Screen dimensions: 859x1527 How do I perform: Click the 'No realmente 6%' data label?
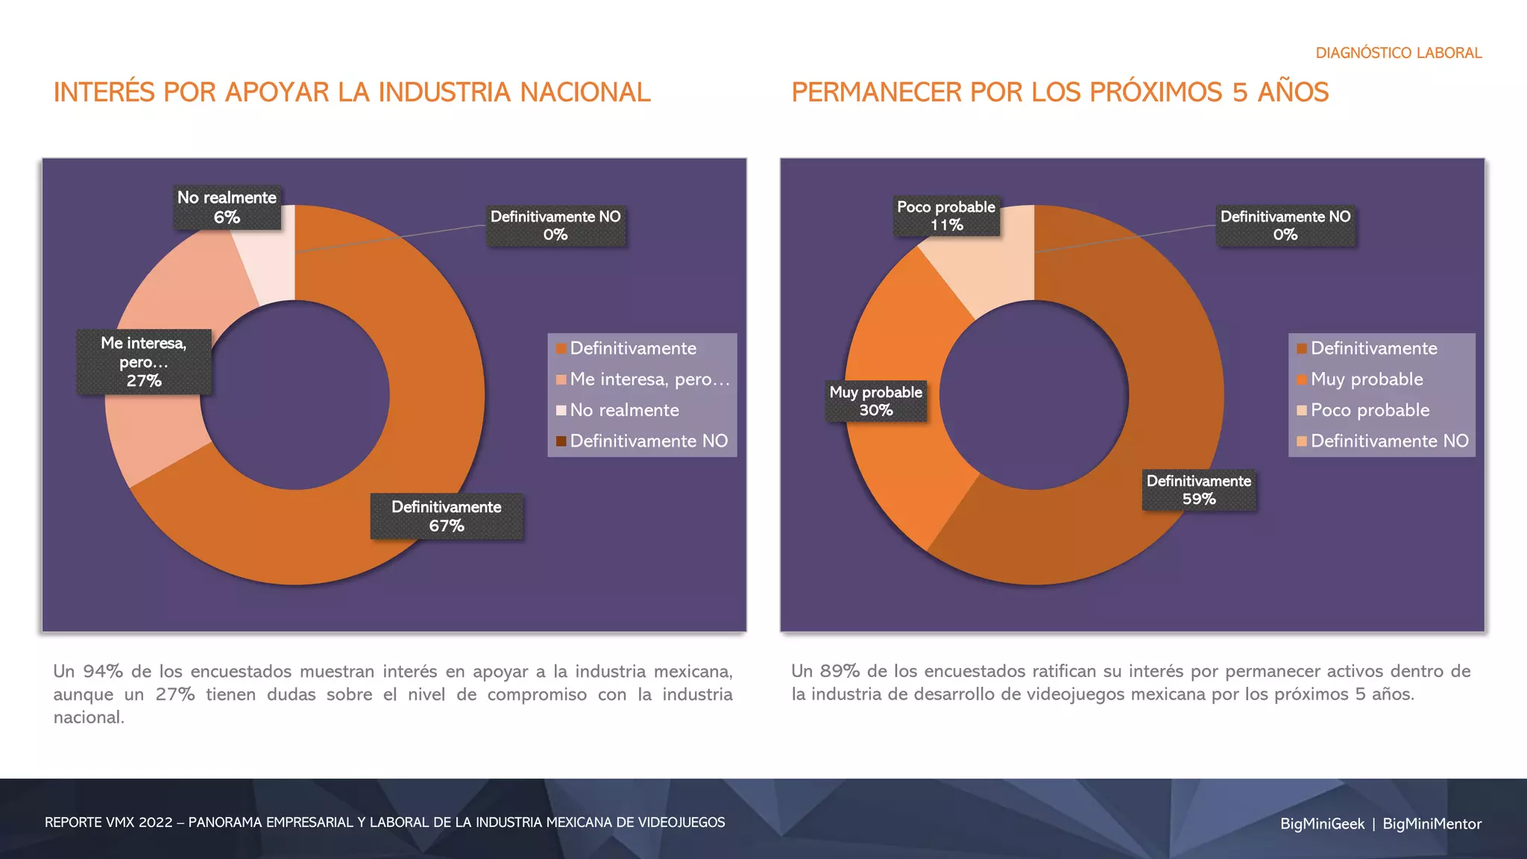coord(227,207)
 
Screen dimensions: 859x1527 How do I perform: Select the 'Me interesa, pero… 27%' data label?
coord(144,362)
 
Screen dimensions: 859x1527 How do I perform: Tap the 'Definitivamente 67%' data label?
coord(447,516)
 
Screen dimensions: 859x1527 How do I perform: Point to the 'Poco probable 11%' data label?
coord(946,215)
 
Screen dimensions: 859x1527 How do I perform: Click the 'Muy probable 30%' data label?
coord(876,401)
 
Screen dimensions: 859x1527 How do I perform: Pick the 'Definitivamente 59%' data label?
coord(1199,490)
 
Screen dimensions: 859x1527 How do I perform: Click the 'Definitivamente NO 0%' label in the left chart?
coord(555,225)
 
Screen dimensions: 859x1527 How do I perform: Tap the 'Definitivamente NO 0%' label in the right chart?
coord(1285,225)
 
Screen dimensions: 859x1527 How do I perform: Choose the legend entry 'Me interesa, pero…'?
coord(649,380)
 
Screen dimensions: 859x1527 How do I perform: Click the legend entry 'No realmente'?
coord(624,410)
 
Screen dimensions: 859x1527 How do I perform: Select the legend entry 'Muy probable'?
coord(1366,380)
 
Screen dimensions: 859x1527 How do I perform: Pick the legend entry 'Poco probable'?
coord(1370,410)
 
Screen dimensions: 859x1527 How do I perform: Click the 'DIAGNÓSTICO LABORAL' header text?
coord(1398,53)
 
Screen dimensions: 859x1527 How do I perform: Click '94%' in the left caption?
coord(103,671)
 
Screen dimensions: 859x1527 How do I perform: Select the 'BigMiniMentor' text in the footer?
coord(1432,824)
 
